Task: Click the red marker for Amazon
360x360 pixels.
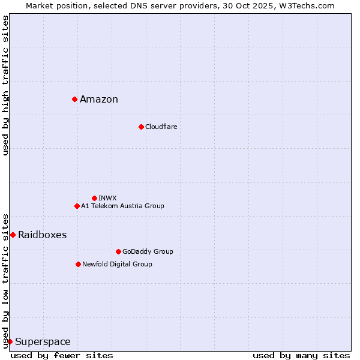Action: click(x=74, y=99)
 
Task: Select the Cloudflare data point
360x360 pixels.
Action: click(x=141, y=127)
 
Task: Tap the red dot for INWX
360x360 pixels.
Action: click(x=94, y=198)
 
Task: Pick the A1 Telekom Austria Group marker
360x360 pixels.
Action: click(x=77, y=206)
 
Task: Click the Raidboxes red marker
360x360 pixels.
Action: click(x=13, y=235)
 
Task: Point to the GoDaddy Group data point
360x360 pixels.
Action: click(x=118, y=251)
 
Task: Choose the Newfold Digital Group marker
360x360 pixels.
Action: click(x=78, y=264)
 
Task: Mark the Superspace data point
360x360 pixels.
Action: click(x=10, y=341)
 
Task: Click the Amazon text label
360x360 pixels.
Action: click(x=99, y=100)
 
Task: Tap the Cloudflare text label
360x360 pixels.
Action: click(x=161, y=127)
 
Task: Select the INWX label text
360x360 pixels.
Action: click(x=107, y=198)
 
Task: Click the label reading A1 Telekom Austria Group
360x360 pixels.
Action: click(x=122, y=206)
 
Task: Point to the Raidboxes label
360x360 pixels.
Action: click(x=42, y=235)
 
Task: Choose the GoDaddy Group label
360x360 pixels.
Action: click(x=148, y=251)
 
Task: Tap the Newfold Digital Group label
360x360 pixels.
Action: click(x=117, y=264)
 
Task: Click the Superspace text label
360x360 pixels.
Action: click(x=43, y=342)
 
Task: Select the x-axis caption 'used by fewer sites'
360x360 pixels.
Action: click(x=62, y=355)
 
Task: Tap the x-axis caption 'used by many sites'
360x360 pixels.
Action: click(x=301, y=355)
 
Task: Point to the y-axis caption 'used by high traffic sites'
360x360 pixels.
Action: click(x=5, y=85)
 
